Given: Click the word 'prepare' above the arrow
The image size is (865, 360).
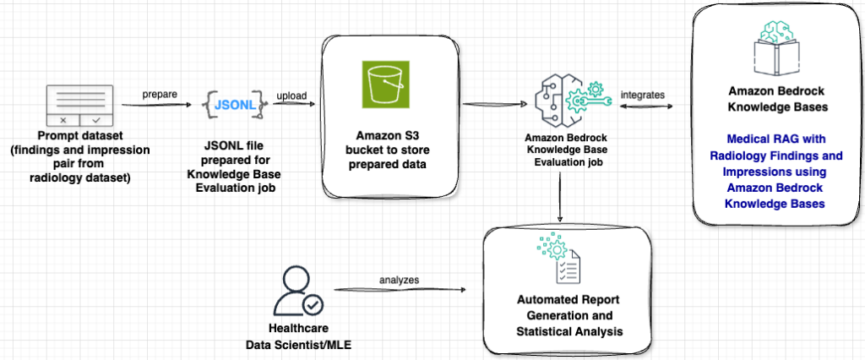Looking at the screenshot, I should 160,94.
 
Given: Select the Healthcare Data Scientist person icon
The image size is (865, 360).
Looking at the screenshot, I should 302,292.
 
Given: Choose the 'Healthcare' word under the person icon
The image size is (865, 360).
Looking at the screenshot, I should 300,330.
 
